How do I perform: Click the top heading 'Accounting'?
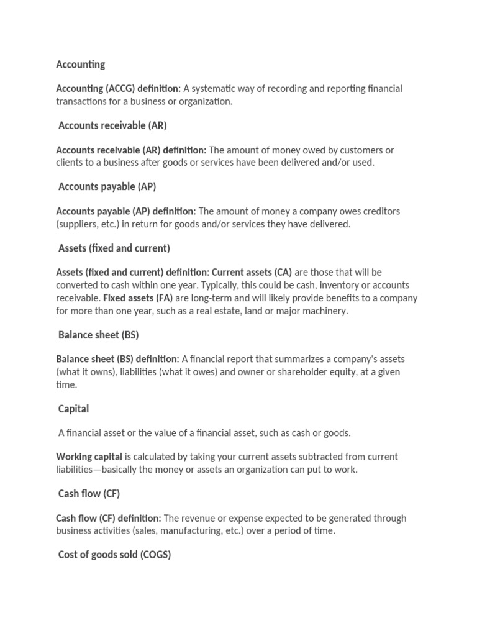(x=80, y=65)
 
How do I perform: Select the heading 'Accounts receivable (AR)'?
(x=112, y=125)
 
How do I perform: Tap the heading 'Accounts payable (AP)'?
(x=107, y=186)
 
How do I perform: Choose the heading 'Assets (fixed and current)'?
(x=114, y=248)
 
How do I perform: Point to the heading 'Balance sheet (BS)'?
(x=98, y=335)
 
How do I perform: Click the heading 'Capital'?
(x=73, y=409)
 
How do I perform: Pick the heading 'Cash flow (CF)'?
(x=89, y=494)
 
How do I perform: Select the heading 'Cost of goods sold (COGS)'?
(x=114, y=555)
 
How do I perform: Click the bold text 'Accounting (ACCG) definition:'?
(x=118, y=89)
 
